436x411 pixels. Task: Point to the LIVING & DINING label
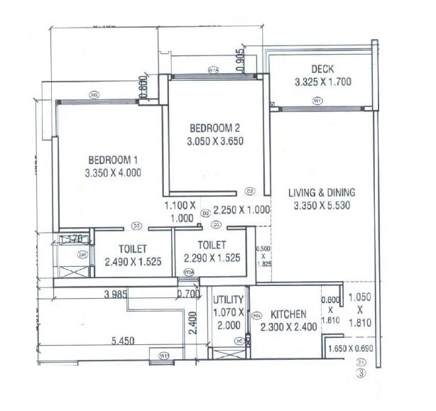(322, 192)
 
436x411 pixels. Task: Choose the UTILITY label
(229, 300)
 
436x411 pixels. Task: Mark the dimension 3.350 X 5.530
(322, 207)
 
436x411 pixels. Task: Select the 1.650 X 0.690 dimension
(349, 349)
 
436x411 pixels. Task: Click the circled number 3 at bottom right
(361, 376)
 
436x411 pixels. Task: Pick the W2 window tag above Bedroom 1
(93, 94)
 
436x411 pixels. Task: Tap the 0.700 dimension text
(188, 293)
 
